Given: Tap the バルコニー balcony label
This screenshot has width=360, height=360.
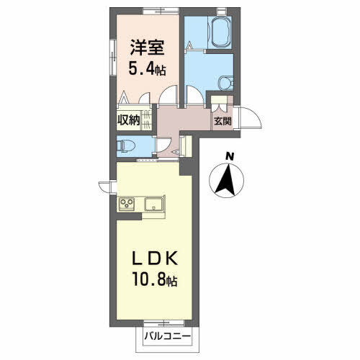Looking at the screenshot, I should tap(165, 336).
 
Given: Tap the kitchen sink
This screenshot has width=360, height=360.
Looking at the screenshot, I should tap(154, 204).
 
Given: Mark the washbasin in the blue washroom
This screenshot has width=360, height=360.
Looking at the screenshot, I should tap(225, 82).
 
